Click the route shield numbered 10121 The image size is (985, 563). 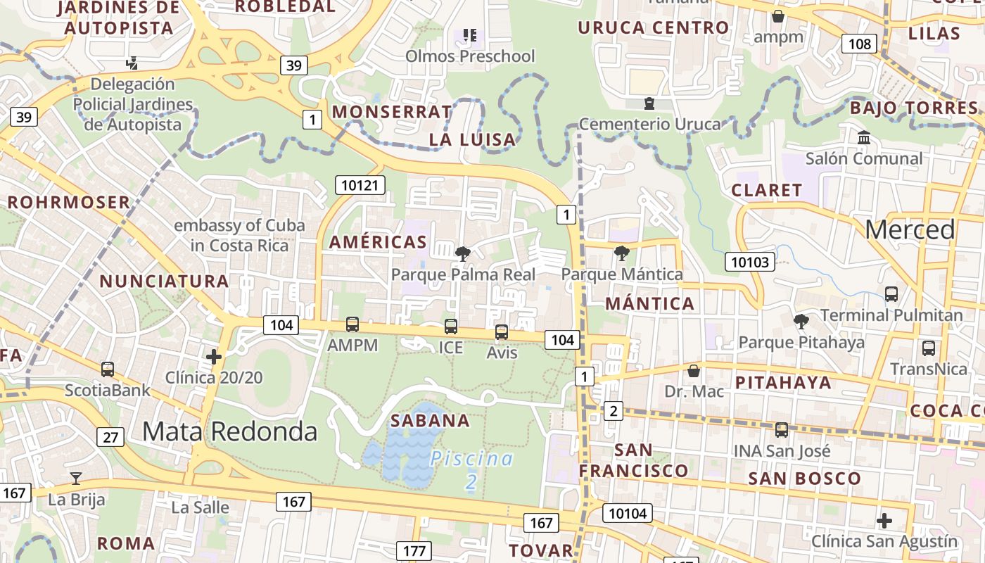tap(360, 185)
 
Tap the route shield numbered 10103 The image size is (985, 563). tap(750, 262)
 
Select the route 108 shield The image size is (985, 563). tap(859, 44)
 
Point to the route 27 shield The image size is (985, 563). tap(110, 437)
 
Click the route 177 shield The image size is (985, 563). tap(414, 550)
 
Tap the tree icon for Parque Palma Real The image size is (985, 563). tap(462, 253)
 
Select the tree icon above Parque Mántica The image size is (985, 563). tap(621, 253)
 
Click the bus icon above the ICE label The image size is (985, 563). tap(451, 327)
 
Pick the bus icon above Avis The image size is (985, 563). tap(502, 331)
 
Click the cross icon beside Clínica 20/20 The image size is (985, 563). tap(214, 357)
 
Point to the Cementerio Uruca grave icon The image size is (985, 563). tap(649, 104)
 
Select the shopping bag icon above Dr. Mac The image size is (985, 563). tap(694, 370)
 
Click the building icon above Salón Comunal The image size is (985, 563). tap(863, 138)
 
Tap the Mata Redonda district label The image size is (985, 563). tap(229, 431)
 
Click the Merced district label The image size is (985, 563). tap(910, 229)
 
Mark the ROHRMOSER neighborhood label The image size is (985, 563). tap(69, 203)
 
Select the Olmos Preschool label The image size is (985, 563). tap(470, 56)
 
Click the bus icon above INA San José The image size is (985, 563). tap(782, 430)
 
